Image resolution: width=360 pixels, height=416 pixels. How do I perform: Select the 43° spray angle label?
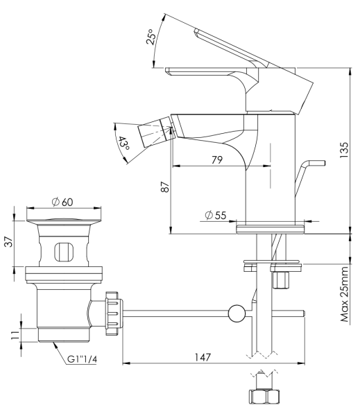coord(124,144)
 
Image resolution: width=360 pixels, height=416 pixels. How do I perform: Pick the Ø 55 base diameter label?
coord(216,216)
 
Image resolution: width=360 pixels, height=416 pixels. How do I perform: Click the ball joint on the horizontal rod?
coord(237,313)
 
